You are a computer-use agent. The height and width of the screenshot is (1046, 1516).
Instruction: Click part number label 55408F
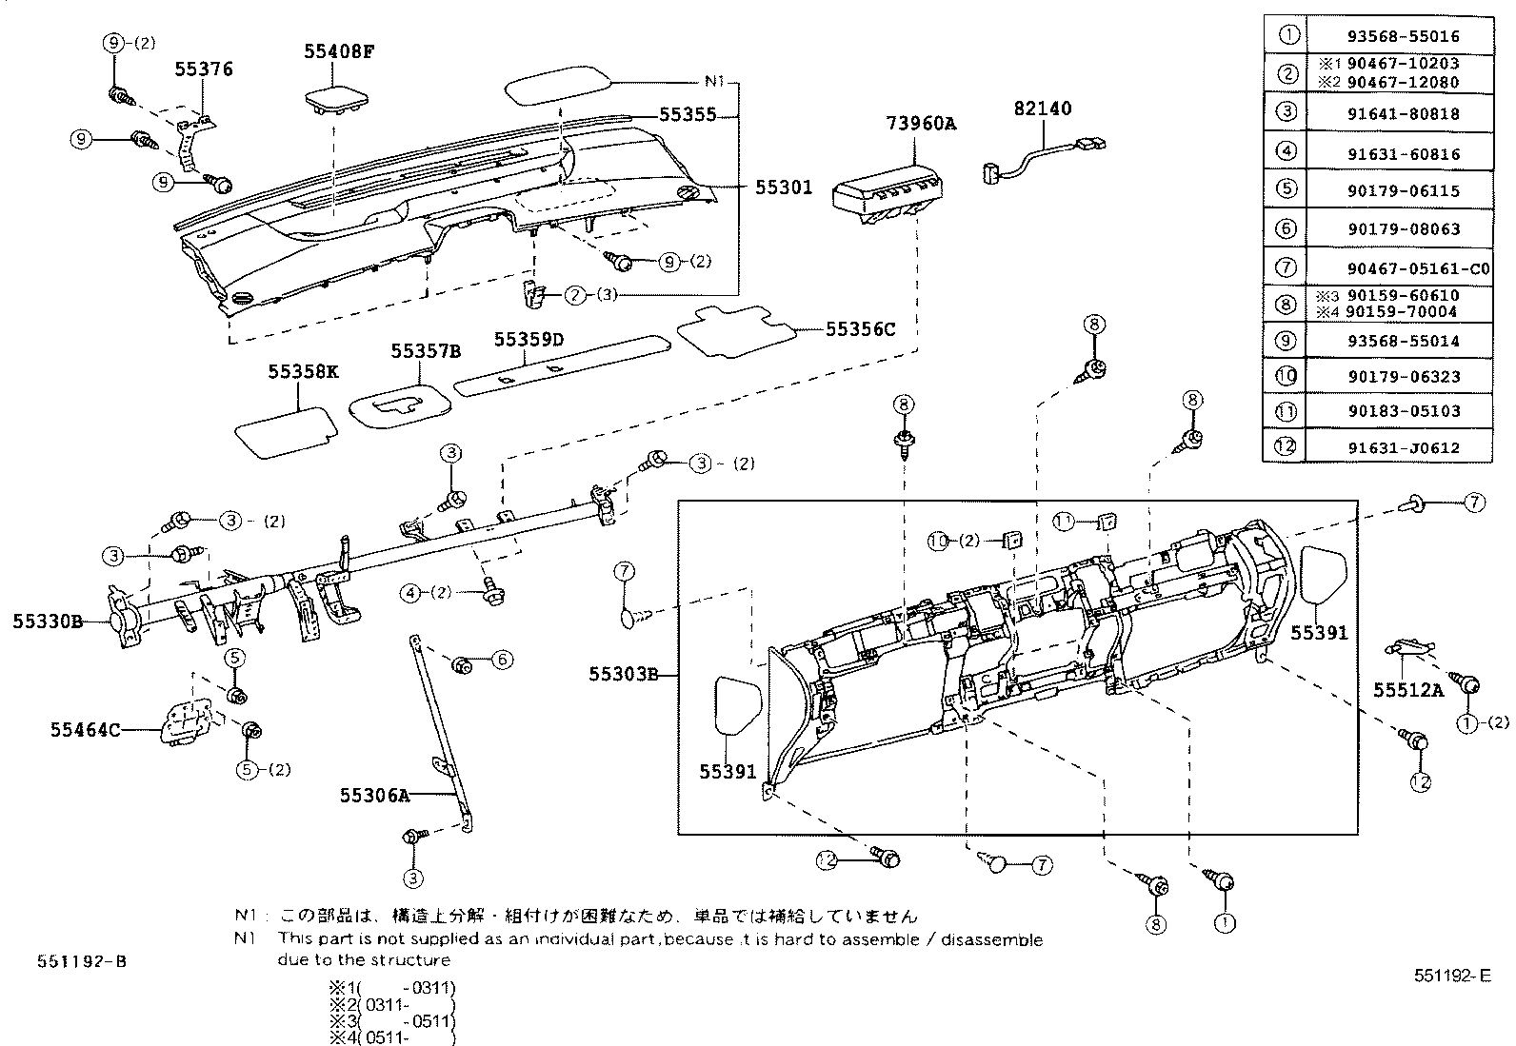point(339,51)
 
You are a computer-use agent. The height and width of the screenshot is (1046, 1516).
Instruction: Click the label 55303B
point(623,675)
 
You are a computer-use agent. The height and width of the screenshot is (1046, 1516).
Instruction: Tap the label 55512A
point(1407,690)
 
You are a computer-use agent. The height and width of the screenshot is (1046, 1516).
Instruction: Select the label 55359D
point(529,340)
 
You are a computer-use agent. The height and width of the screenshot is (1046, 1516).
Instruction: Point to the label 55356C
point(860,329)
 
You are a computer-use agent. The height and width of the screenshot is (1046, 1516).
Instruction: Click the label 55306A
point(374,795)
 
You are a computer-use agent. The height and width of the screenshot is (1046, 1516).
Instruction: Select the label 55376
point(203,69)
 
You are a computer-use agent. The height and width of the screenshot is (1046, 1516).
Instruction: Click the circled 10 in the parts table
point(1287,375)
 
